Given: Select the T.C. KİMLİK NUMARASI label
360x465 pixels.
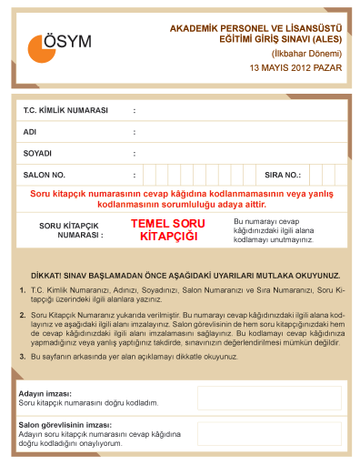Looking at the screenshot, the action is tap(65, 110).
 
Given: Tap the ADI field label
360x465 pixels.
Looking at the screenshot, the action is tap(30, 132).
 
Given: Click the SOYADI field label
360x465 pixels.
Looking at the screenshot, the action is tap(37, 153).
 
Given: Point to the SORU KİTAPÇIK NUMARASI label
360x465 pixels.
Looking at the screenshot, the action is tap(71, 229).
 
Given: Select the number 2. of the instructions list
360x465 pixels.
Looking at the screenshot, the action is tap(23, 314).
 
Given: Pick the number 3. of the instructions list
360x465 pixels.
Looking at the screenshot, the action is tap(23, 357).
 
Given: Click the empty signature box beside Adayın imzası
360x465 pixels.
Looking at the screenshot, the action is tap(269, 398).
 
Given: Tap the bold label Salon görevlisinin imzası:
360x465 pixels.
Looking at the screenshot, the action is tap(65, 425).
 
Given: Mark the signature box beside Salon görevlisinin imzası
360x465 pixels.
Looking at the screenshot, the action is tap(269, 433).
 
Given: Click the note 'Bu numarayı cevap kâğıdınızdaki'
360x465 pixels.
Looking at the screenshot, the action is tap(274, 230).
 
